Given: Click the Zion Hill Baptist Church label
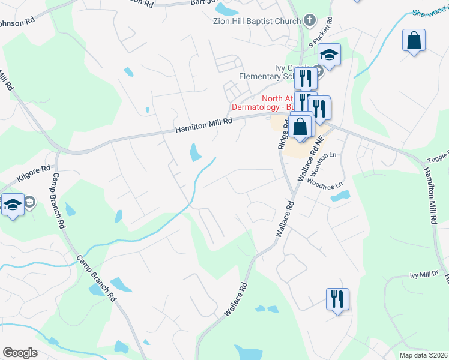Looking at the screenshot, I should [x=256, y=21].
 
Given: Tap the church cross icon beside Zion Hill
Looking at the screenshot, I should [x=310, y=21].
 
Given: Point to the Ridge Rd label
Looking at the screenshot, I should [x=283, y=134].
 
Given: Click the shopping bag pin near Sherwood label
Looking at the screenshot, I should [x=414, y=41].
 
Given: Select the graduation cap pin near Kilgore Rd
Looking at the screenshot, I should [x=12, y=205].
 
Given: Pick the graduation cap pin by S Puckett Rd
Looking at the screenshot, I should [x=329, y=55].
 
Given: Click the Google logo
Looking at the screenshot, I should [x=20, y=353].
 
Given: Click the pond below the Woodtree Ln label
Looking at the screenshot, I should [x=339, y=196].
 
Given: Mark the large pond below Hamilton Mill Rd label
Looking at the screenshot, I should [x=196, y=152].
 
